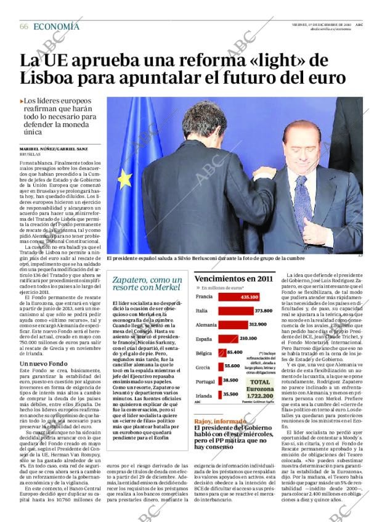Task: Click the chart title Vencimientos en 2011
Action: click(233, 279)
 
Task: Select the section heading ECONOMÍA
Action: click(56, 26)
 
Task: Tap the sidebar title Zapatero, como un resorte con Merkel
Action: click(147, 283)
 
